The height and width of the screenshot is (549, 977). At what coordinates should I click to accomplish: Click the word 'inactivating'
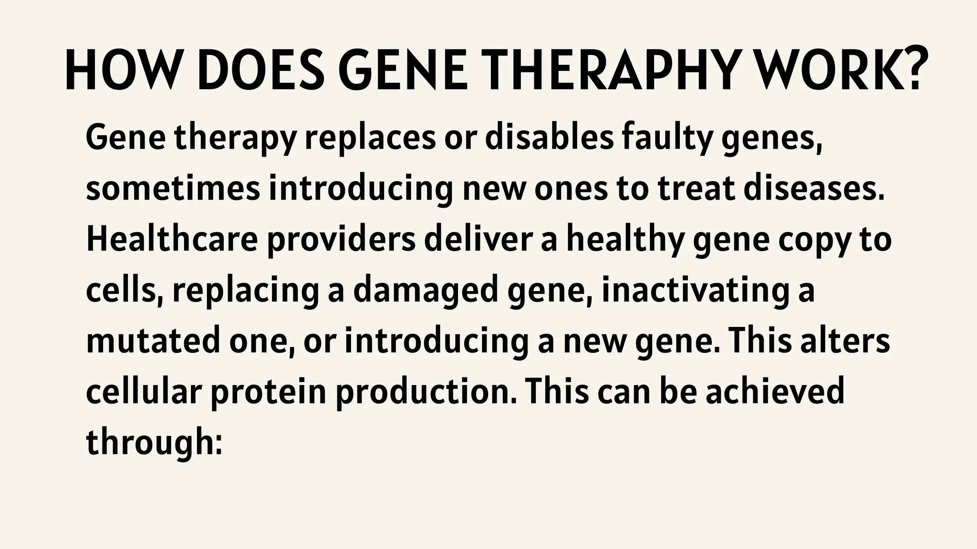click(x=693, y=291)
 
